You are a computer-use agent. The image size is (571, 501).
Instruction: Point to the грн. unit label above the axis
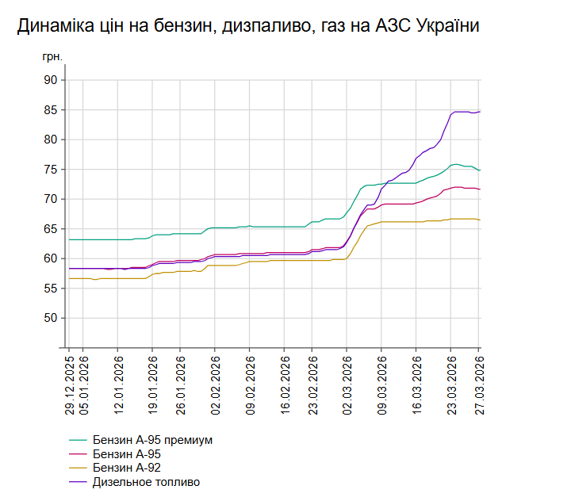pyautogui.click(x=52, y=58)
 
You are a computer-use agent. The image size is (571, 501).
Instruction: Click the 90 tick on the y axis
pyautogui.click(x=50, y=80)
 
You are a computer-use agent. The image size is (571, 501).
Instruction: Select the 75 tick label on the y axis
pyautogui.click(x=50, y=170)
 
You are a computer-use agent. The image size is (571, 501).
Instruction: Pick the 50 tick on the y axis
pyautogui.click(x=50, y=318)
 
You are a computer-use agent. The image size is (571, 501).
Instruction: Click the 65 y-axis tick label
pyautogui.click(x=50, y=229)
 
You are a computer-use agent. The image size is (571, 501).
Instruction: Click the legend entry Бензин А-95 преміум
pyautogui.click(x=152, y=439)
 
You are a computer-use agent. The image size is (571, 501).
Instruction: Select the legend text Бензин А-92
pyautogui.click(x=127, y=468)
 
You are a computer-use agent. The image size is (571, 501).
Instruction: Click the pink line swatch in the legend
pyautogui.click(x=78, y=453)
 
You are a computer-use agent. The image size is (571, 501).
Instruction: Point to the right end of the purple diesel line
pyautogui.click(x=481, y=112)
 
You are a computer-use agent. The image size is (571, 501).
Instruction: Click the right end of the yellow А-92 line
pyautogui.click(x=481, y=220)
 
